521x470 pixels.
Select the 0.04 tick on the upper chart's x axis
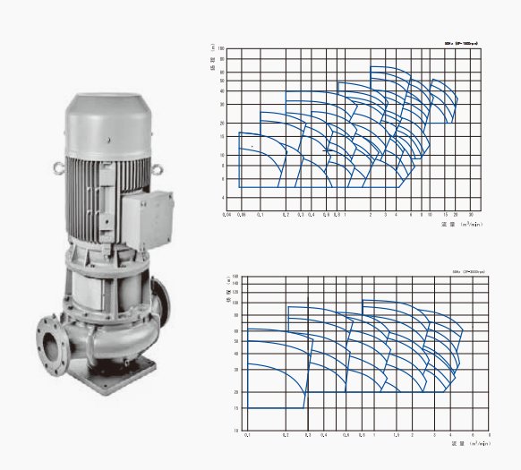click(226, 216)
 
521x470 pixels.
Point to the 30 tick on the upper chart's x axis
click(471, 216)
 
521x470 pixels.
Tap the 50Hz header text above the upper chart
click(463, 41)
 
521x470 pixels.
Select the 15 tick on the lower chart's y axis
click(236, 408)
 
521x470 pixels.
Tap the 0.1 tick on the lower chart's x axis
click(247, 435)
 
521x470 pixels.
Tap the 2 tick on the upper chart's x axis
click(370, 216)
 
